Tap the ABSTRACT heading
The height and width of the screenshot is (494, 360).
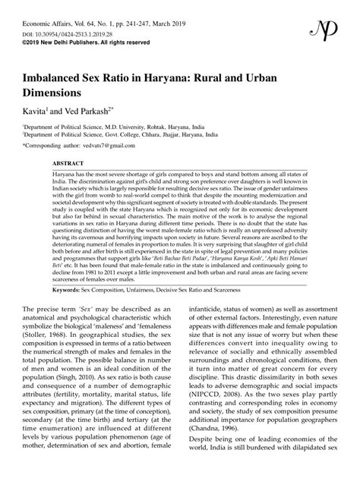[68, 163]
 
